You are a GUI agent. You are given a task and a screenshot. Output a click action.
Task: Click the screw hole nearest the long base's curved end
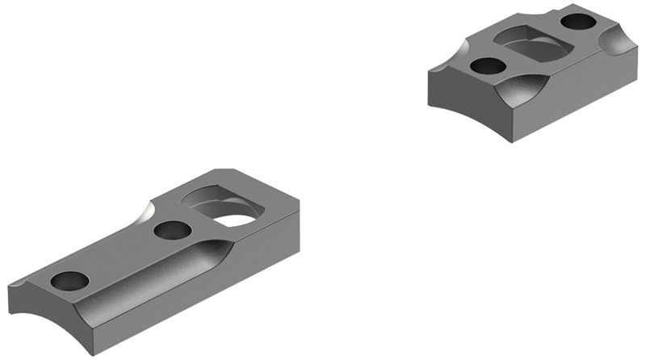69,281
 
